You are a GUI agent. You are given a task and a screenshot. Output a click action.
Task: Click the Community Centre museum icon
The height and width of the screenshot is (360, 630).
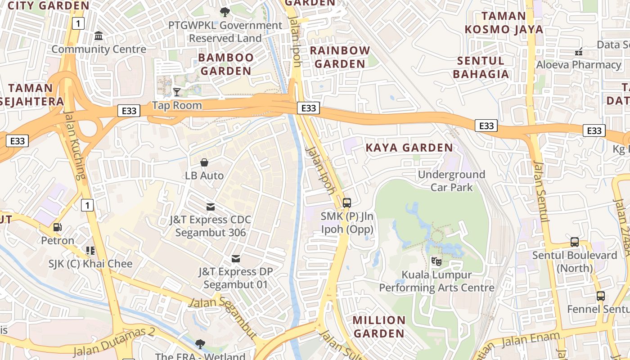pyautogui.click(x=99, y=36)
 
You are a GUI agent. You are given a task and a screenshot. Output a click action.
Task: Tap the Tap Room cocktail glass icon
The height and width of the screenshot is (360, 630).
pyautogui.click(x=177, y=92)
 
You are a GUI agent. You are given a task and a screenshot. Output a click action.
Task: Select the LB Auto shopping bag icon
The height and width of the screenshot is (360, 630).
pyautogui.click(x=204, y=162)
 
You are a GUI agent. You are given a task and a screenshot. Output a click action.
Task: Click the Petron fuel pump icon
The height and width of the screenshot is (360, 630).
pyautogui.click(x=58, y=227)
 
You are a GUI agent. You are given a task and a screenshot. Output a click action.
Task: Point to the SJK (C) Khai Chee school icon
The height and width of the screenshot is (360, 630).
pyautogui.click(x=90, y=250)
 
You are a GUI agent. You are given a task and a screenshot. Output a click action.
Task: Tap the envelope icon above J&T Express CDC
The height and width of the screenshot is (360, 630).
pyautogui.click(x=210, y=207)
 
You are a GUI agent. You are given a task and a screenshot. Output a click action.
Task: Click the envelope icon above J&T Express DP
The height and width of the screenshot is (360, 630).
pyautogui.click(x=235, y=259)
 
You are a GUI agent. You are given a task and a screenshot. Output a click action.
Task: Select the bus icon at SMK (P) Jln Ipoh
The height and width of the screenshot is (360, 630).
pyautogui.click(x=346, y=202)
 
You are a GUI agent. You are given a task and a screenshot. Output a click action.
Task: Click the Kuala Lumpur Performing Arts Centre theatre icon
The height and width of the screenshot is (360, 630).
pyautogui.click(x=436, y=261)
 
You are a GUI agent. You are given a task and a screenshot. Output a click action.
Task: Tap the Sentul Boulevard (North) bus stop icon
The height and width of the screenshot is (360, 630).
pyautogui.click(x=575, y=242)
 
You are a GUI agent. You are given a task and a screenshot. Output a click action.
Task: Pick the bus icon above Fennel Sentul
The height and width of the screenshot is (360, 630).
pyautogui.click(x=600, y=296)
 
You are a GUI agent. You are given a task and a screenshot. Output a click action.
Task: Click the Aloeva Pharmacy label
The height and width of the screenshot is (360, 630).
pyautogui.click(x=578, y=65)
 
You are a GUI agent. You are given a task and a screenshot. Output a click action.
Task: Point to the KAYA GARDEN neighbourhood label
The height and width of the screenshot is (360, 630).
pyautogui.click(x=409, y=148)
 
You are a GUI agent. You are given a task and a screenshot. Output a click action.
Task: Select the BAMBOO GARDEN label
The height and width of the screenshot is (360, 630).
pyautogui.click(x=226, y=64)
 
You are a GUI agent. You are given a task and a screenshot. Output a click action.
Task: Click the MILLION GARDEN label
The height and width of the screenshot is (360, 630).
pyautogui.click(x=379, y=327)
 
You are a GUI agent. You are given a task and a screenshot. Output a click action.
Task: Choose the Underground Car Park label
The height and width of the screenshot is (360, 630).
pyautogui.click(x=451, y=180)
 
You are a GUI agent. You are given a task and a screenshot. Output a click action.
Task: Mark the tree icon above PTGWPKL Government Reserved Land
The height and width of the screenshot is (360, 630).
pyautogui.click(x=224, y=12)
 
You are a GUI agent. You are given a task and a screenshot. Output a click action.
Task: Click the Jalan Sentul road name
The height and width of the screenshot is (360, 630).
pyautogui.click(x=541, y=191)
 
